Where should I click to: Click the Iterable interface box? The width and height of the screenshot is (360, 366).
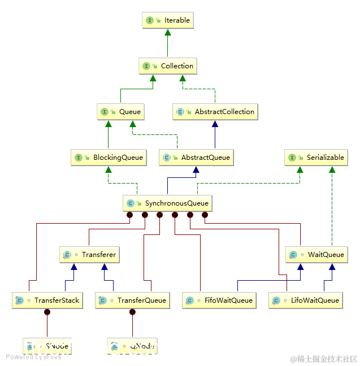(167, 20)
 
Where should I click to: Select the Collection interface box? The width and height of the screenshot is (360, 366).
(167, 66)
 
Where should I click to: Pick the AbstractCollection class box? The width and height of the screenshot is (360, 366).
(215, 112)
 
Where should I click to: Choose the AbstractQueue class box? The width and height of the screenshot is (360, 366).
(196, 158)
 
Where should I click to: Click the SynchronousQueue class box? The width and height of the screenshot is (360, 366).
(167, 203)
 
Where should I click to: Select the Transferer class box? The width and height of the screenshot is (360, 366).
(89, 255)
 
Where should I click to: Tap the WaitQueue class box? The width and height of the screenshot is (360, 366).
(315, 255)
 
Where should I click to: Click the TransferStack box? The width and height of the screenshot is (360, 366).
(47, 300)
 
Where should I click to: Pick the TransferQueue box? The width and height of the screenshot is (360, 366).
(132, 300)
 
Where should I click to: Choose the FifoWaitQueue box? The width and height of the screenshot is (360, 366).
(219, 300)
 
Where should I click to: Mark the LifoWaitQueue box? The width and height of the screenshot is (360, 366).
(306, 300)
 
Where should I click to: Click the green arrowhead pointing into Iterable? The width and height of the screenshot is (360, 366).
(167, 33)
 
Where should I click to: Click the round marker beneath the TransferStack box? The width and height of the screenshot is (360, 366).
(47, 312)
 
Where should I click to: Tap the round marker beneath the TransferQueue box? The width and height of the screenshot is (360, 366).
(132, 312)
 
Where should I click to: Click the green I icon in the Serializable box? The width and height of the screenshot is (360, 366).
(292, 158)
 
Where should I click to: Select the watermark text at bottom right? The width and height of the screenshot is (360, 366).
(323, 359)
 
